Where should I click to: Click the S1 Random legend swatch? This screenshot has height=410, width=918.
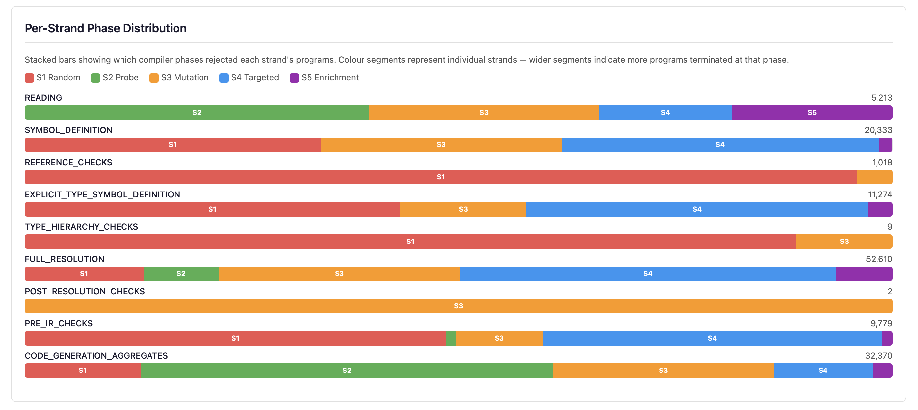[29, 78]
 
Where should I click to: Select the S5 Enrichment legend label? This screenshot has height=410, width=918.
[330, 78]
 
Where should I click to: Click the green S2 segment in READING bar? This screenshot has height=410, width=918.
[197, 113]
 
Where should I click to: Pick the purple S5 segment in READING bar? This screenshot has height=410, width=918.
[812, 113]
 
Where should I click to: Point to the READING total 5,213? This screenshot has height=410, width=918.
[881, 98]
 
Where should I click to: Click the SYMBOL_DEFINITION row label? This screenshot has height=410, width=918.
[68, 130]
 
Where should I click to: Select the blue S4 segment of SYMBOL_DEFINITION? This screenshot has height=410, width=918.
[720, 145]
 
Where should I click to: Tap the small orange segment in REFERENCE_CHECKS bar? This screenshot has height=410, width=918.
[874, 177]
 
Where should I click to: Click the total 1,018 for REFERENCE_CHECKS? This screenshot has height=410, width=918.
[882, 163]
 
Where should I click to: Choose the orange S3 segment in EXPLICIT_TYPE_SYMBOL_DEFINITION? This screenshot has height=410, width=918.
[463, 209]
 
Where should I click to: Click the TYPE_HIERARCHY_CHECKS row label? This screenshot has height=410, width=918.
[81, 227]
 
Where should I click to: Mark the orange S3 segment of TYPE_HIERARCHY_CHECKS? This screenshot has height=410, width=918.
[844, 242]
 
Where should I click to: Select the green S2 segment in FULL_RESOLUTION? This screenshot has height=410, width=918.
[181, 273]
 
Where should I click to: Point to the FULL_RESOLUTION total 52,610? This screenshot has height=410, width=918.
[879, 259]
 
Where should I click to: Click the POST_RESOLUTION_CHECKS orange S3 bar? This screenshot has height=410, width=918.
[458, 306]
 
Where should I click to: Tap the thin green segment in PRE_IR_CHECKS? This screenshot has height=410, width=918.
[451, 338]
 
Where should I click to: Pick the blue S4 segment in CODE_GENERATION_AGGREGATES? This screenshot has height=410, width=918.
[823, 371]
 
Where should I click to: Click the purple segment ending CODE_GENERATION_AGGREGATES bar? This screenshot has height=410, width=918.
[882, 371]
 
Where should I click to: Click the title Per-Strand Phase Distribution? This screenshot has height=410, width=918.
[105, 28]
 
